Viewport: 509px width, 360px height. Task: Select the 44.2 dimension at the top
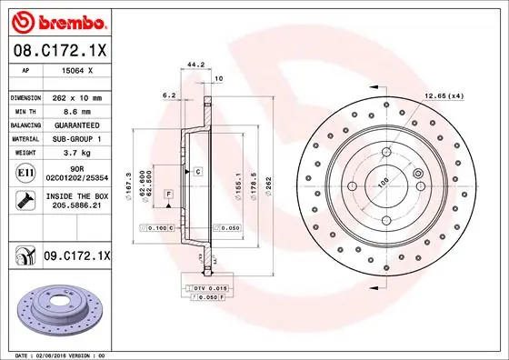click(x=193, y=65)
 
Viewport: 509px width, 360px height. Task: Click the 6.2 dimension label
click(x=168, y=94)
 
